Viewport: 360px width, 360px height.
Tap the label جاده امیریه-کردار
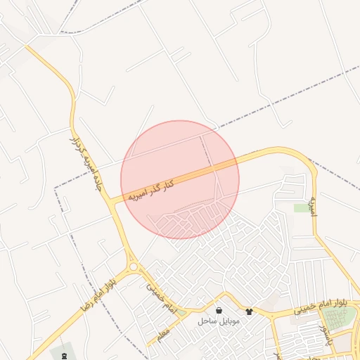coord(83,163)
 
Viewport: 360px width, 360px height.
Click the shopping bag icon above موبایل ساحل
coord(219,310)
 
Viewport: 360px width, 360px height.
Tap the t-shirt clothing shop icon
coord(249,310)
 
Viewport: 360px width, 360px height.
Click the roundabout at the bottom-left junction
coord(133,266)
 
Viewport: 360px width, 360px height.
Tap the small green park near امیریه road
coord(302,208)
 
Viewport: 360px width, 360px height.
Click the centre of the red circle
coord(180,179)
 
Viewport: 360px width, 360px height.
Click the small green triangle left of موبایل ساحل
coord(182,313)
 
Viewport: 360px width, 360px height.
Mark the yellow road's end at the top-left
coord(27,47)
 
